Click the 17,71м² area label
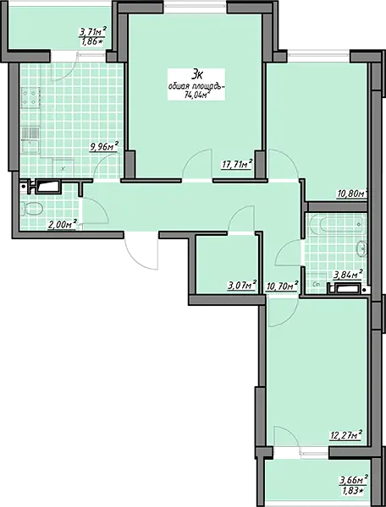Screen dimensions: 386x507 pos(237,164)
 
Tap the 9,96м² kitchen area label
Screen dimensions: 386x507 pos(103,147)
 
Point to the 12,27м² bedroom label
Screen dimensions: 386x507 pos(345,435)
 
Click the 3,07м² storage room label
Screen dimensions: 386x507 pos(242,286)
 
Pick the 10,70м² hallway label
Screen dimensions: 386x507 pos(282,286)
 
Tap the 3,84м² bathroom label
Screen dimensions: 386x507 pos(348,275)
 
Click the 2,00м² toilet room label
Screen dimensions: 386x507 pos(63,224)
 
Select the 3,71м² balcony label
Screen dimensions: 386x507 pos(93,32)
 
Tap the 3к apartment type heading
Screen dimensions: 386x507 pos(197,74)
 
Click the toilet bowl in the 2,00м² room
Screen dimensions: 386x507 pos(31,209)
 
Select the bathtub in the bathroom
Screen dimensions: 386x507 pos(338,224)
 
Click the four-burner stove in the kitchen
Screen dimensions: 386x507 pos(30,97)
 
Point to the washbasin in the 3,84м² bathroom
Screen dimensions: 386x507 pos(361,249)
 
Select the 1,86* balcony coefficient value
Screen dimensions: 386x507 pos(91,41)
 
